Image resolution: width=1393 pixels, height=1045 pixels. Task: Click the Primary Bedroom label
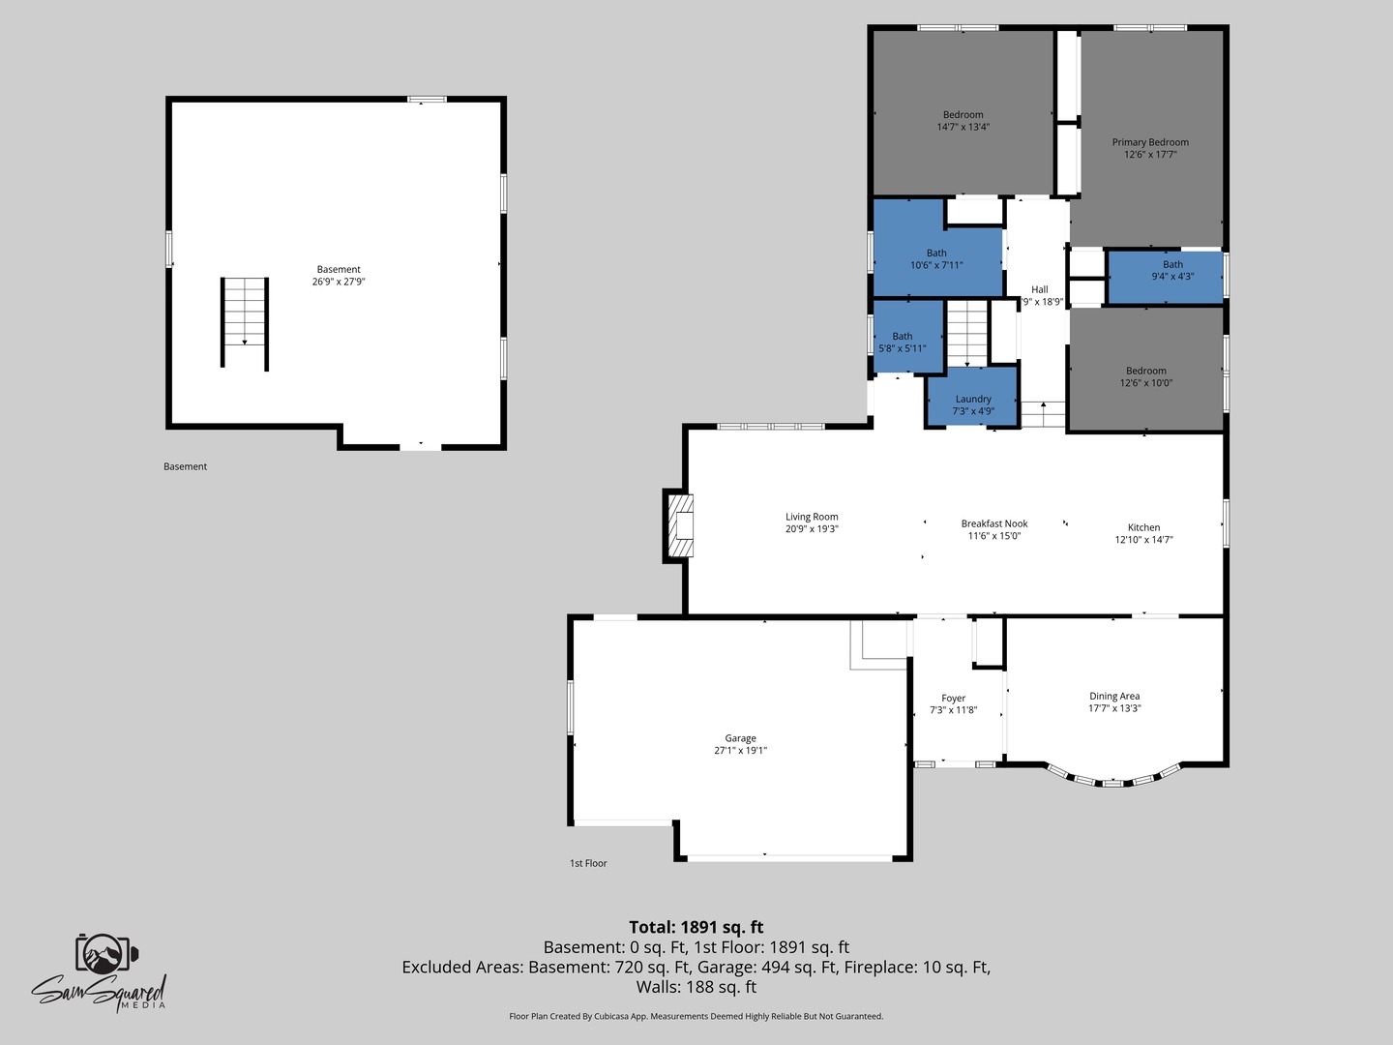pyautogui.click(x=1150, y=142)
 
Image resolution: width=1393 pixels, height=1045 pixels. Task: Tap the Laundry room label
pyautogui.click(x=973, y=399)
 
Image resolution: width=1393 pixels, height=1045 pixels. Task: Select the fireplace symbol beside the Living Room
pyautogui.click(x=680, y=524)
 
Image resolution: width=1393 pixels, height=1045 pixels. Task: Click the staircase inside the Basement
pyautogui.click(x=245, y=322)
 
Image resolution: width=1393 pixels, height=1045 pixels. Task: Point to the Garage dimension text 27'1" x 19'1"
pyautogui.click(x=740, y=751)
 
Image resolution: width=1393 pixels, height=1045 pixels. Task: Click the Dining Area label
pyautogui.click(x=1114, y=696)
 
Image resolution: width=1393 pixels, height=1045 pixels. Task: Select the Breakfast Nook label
pyautogui.click(x=994, y=523)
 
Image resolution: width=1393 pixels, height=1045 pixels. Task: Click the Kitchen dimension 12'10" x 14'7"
pyautogui.click(x=1143, y=540)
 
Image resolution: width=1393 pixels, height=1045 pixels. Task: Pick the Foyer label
pyautogui.click(x=953, y=698)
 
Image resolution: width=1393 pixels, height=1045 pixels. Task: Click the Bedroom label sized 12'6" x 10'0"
pyautogui.click(x=1145, y=371)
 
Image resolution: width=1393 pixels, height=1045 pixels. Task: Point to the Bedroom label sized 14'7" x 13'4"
pyautogui.click(x=963, y=115)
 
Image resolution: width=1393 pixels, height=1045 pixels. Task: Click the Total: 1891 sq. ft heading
pyautogui.click(x=696, y=927)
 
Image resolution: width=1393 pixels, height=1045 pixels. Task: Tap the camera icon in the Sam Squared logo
pyautogui.click(x=105, y=954)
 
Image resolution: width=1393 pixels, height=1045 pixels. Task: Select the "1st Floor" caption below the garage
pyautogui.click(x=588, y=863)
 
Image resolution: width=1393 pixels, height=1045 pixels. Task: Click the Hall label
pyautogui.click(x=1039, y=289)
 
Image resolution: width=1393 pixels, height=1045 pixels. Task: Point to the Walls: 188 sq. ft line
pyautogui.click(x=696, y=987)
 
